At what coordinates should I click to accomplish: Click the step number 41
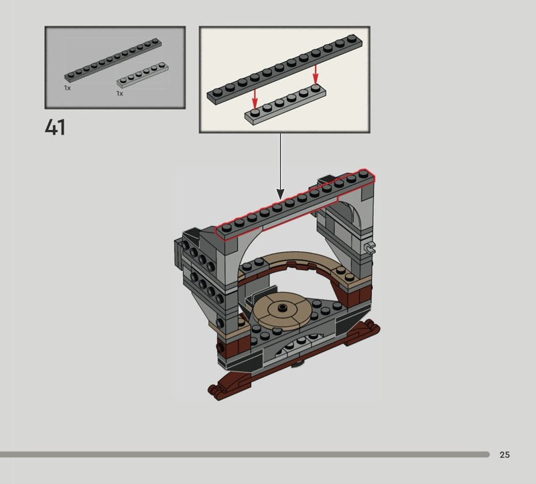click(55, 127)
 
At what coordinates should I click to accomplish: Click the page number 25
click(505, 455)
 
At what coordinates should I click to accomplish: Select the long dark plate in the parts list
click(113, 60)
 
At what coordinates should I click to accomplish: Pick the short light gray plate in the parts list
click(143, 75)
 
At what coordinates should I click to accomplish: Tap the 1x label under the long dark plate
click(68, 88)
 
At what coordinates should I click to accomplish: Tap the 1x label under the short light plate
click(119, 93)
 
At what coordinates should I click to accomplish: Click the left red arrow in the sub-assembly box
click(255, 98)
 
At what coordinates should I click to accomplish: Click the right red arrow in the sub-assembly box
click(316, 74)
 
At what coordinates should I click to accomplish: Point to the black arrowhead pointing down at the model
click(280, 194)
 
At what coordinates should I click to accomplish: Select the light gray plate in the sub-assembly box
click(285, 105)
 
